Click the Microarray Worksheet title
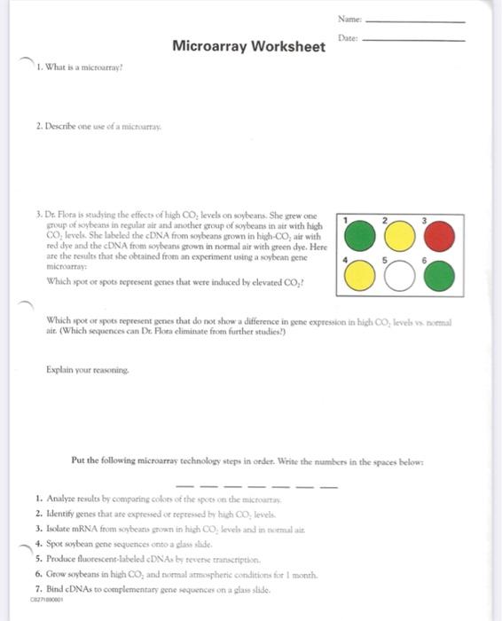point(248,46)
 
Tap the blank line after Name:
point(414,20)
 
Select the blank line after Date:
point(414,40)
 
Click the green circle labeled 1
point(361,235)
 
